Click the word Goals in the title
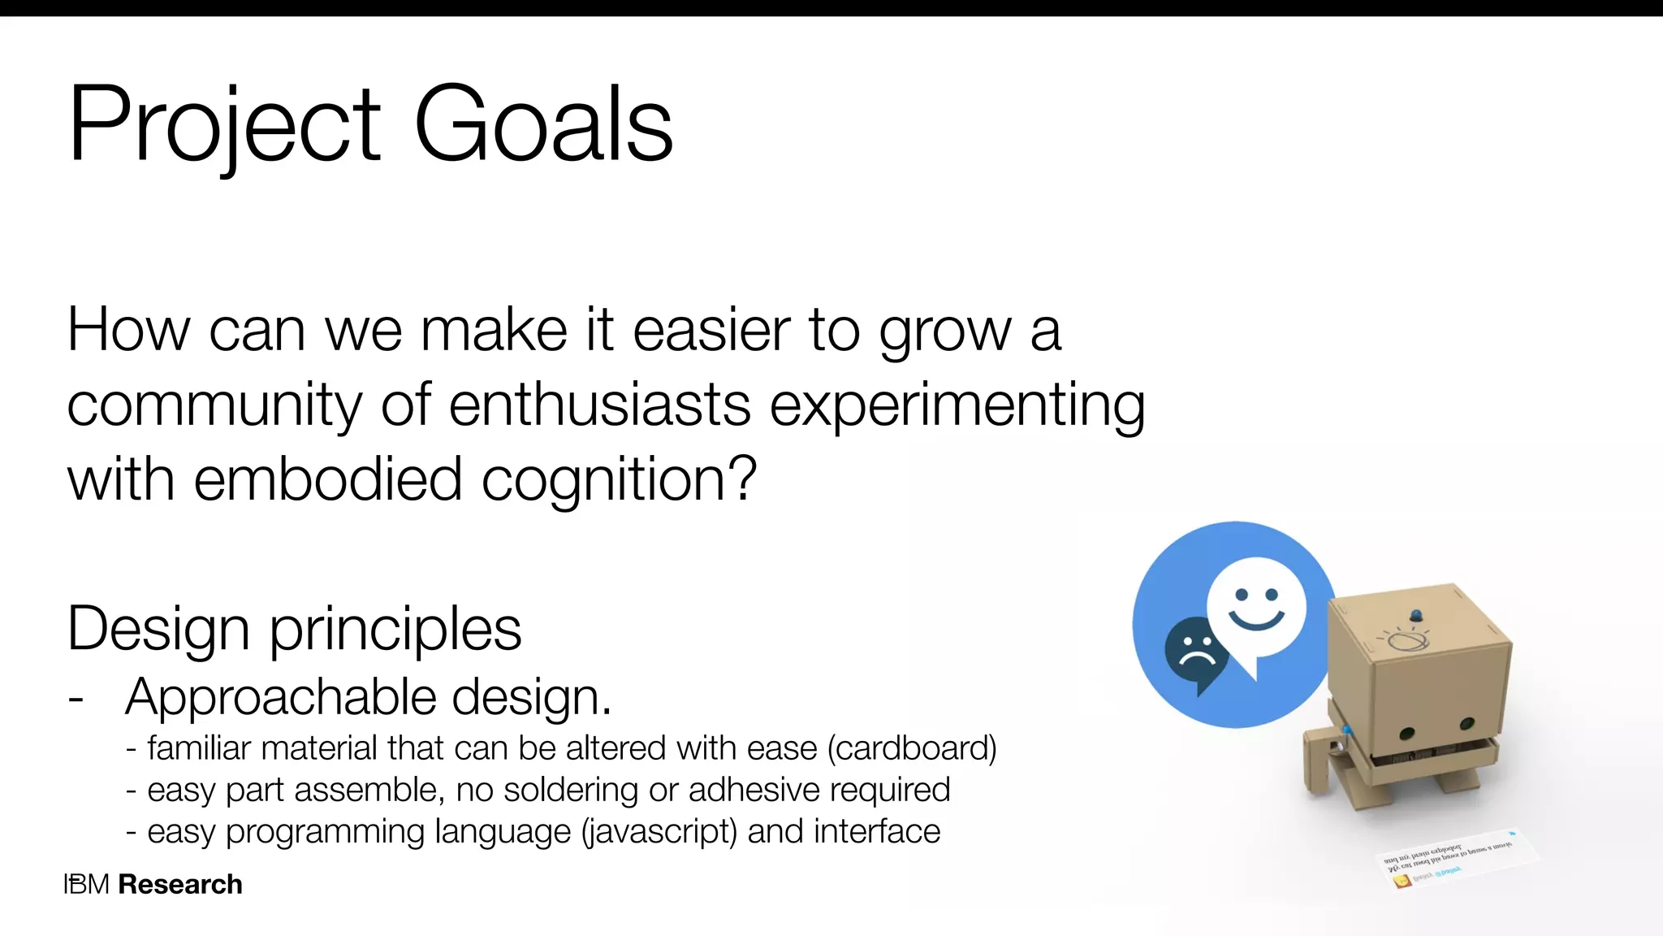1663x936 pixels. tap(543, 123)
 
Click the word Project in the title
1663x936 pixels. tap(224, 123)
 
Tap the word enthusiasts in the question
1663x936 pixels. tap(599, 405)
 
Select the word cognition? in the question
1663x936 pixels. tap(619, 479)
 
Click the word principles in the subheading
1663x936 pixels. tap(395, 629)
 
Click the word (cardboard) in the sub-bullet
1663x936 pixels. tap(912, 748)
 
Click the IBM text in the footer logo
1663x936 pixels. tap(86, 884)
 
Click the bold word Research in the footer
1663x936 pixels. tap(180, 884)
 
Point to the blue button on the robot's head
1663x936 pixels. tap(1416, 615)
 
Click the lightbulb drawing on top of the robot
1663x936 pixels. tap(1405, 640)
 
